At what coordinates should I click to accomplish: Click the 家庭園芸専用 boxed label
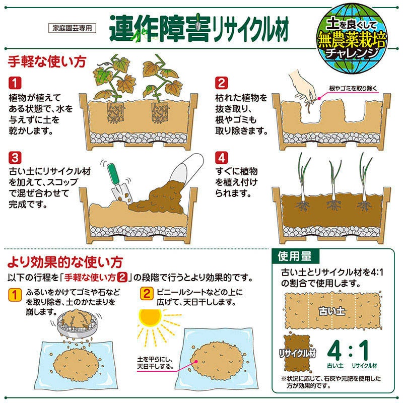pos(72,28)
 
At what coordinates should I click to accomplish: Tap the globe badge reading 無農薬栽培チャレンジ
pos(352,39)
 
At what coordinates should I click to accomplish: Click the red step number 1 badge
pos(15,83)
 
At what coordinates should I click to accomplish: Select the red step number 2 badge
pos(222,83)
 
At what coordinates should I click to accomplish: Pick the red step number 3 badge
pos(15,158)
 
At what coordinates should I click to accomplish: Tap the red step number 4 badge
pos(222,158)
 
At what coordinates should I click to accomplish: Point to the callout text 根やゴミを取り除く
pos(353,89)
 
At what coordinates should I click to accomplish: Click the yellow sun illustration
pos(150,318)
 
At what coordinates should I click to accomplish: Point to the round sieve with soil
pos(77,324)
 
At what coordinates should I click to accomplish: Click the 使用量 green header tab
pos(295,256)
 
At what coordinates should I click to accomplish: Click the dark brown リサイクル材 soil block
pos(297,353)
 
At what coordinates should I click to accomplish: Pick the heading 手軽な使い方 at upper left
pos(47,61)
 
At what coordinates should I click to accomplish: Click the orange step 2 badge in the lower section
pos(147,294)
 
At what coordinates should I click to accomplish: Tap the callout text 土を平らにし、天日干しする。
pos(155,363)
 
